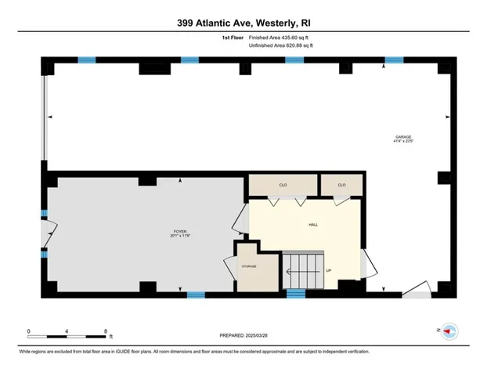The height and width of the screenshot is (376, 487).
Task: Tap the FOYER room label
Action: click(180, 231)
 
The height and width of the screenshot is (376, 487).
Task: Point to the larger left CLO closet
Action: click(283, 185)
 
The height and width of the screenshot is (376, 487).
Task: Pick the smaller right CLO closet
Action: click(341, 185)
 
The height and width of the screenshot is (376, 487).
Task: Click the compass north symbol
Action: click(449, 331)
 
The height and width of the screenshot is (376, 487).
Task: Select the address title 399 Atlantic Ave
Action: click(243, 22)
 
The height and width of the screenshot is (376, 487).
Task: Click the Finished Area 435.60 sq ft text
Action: click(280, 37)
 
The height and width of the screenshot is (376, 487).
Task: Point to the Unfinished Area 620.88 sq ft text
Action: click(280, 45)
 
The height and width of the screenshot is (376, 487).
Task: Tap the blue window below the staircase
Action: click(295, 294)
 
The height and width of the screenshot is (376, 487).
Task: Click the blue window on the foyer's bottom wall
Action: click(196, 295)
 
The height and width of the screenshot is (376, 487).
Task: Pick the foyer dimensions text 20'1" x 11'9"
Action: click(181, 236)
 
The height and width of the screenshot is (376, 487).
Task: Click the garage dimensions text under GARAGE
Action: click(402, 141)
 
